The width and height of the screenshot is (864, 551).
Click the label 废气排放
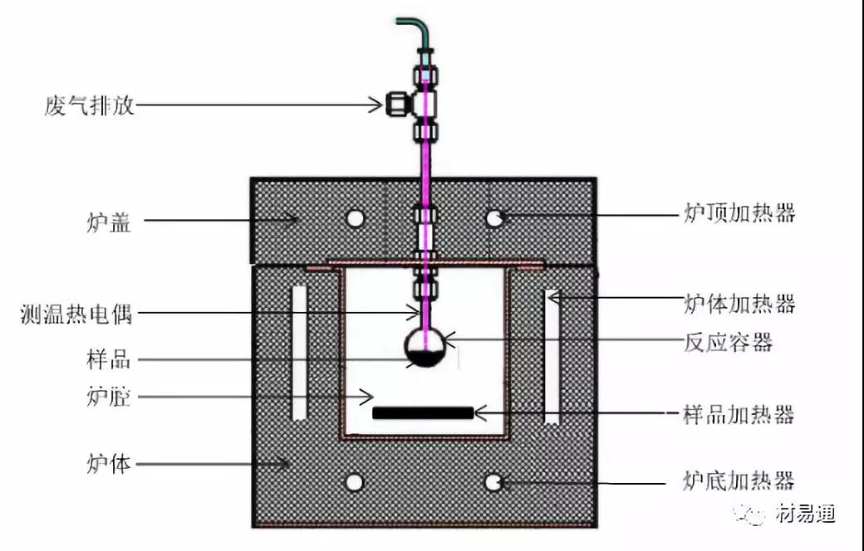point(90,105)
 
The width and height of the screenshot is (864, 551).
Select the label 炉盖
point(109,222)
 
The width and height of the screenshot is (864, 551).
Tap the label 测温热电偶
point(76,314)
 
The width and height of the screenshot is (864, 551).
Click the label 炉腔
point(109,397)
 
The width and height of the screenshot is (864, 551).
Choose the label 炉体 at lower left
point(109,464)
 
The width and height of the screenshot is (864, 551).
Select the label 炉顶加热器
point(739,212)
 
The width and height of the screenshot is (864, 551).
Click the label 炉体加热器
point(739,303)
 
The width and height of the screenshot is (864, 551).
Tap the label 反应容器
point(728,342)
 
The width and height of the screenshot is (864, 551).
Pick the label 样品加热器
point(739,414)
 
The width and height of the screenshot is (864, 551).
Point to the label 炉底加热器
point(739,480)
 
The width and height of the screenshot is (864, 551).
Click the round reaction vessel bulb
point(425,348)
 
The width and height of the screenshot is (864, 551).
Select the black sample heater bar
point(423,413)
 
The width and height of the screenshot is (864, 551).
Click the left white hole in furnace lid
point(356,218)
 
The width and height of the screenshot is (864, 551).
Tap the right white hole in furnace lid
point(494,218)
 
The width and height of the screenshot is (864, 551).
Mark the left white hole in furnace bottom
point(354,483)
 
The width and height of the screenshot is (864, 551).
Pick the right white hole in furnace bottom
point(493,483)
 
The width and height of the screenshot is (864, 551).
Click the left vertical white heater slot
point(298,353)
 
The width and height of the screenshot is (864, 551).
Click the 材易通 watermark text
point(805,514)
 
